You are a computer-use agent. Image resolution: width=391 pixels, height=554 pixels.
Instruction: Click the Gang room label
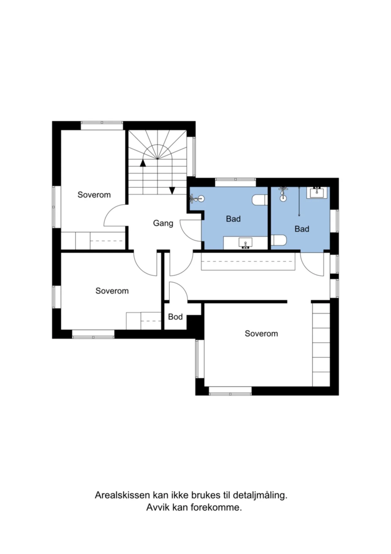163,223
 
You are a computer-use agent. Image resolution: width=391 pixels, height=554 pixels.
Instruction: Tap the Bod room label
175,317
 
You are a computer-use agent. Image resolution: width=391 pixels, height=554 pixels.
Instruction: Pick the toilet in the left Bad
260,200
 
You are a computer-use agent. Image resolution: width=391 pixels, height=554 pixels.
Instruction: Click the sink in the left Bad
245,243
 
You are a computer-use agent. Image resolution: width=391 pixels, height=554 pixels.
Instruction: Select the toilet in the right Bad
279,240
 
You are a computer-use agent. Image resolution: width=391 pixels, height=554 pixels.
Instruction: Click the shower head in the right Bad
283,194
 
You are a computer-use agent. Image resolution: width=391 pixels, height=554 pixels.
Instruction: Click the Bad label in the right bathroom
302,229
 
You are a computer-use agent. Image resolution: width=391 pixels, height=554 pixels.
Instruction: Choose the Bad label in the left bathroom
233,219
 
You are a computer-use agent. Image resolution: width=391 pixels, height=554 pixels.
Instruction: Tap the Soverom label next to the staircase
94,195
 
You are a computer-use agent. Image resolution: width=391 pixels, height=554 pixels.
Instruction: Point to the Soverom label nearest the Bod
112,291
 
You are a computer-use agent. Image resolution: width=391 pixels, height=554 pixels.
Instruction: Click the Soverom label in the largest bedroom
261,333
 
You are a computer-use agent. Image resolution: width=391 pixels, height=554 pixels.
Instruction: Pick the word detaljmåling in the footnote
260,496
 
